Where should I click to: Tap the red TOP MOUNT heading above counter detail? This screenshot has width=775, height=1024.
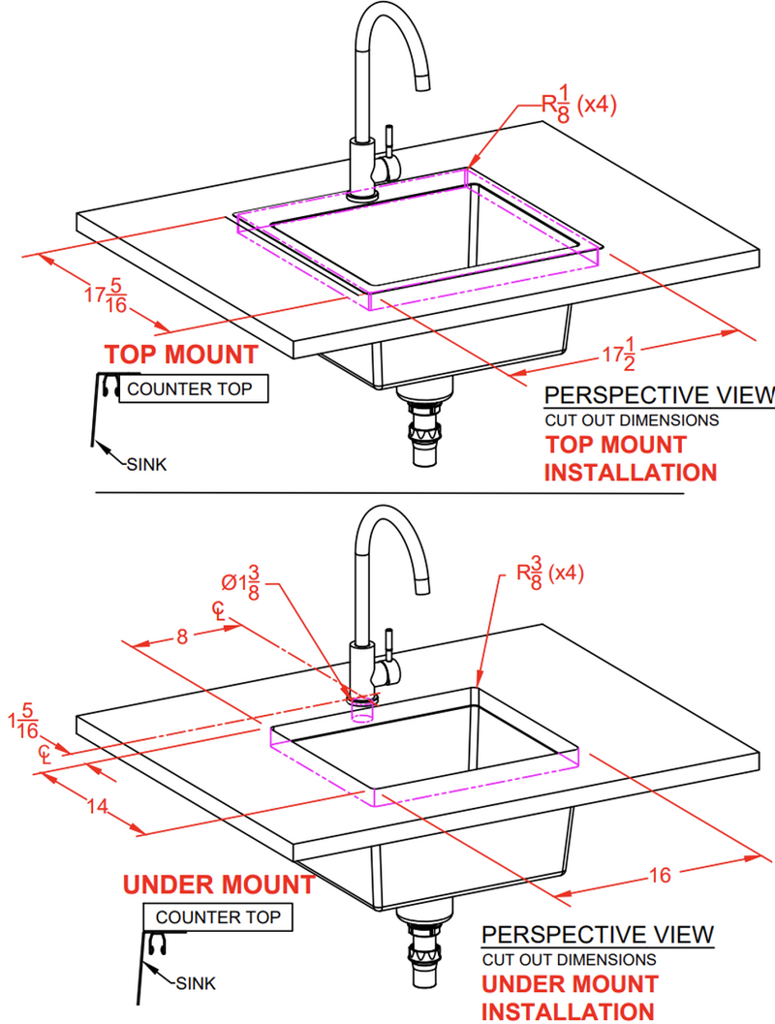(181, 355)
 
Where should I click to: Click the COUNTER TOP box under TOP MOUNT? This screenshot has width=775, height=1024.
(190, 390)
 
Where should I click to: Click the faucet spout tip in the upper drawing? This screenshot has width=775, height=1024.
(422, 85)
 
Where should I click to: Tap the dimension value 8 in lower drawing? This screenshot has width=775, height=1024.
(182, 636)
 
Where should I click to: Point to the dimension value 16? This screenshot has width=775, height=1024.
(659, 876)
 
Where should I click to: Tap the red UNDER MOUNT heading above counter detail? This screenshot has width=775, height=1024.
(218, 884)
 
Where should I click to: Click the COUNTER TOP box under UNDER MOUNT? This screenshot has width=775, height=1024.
(217, 916)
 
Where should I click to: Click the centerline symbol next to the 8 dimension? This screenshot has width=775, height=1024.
(220, 611)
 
